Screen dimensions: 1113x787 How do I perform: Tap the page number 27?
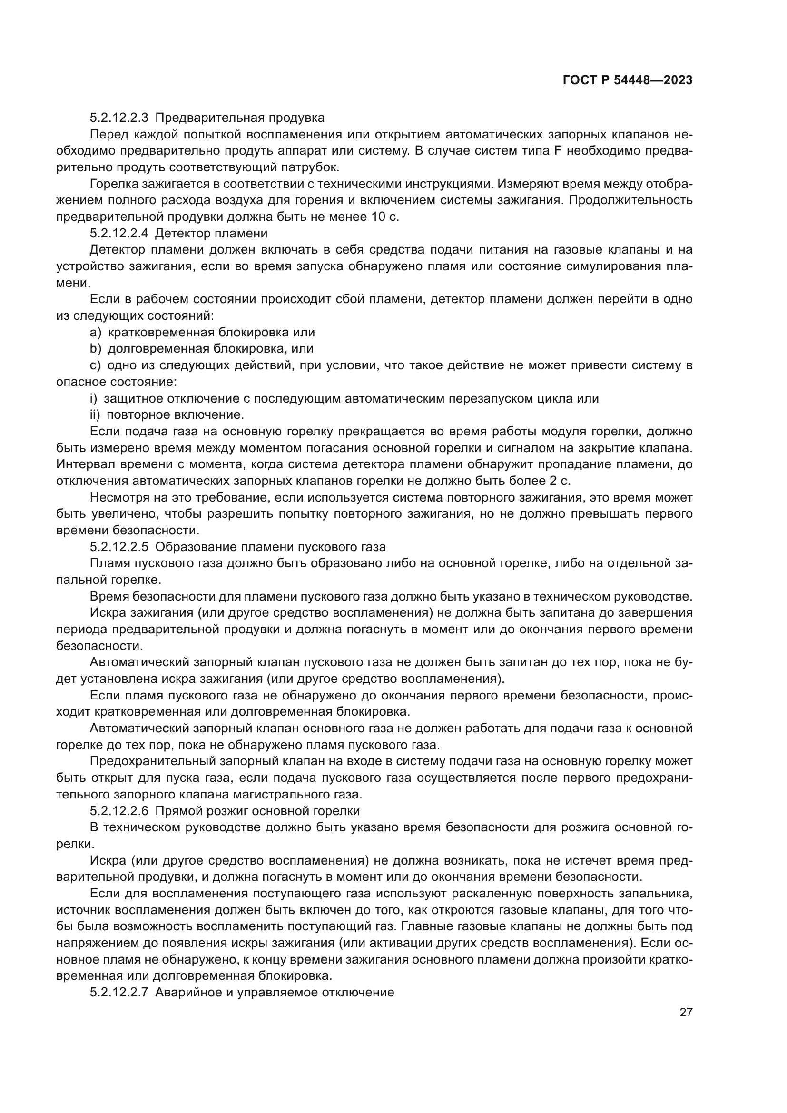(x=686, y=1012)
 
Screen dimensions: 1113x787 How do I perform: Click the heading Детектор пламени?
(x=211, y=233)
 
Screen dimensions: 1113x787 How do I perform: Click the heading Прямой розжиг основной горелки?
(x=257, y=811)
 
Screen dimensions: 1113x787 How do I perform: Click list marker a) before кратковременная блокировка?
(x=96, y=333)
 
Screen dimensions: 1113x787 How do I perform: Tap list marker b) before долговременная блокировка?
(x=96, y=348)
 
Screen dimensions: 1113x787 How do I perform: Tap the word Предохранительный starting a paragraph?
(x=149, y=761)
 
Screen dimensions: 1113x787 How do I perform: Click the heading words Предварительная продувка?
(x=240, y=118)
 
